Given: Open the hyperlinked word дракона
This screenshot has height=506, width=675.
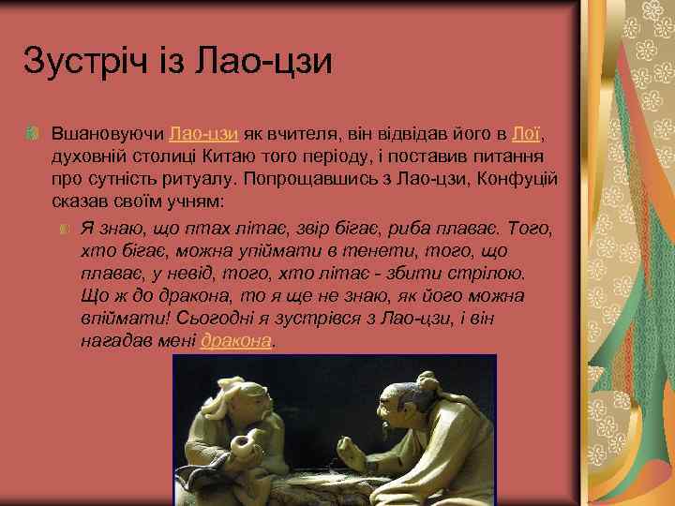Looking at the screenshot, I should coord(235,342).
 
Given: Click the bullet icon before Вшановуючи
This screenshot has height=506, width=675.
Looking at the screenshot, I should coord(34,136).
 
